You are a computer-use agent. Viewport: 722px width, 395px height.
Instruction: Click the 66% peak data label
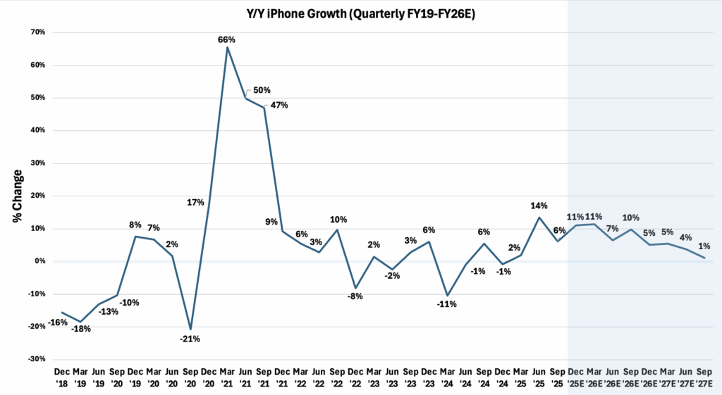tap(226, 40)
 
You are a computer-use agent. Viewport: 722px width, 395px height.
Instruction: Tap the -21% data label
tap(190, 339)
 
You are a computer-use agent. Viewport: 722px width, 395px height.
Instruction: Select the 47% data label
tap(279, 105)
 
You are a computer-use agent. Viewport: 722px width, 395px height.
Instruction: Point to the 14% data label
tap(539, 206)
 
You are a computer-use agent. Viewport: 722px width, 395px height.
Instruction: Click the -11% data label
tap(446, 304)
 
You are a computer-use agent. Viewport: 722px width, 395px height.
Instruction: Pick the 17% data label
tap(195, 202)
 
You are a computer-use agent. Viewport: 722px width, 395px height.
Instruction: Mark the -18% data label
tap(81, 329)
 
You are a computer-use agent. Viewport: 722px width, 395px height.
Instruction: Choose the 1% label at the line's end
tap(704, 246)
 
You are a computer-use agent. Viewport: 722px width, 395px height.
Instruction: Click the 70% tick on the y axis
tap(37, 32)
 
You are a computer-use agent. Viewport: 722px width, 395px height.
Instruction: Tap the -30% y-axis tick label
tap(36, 359)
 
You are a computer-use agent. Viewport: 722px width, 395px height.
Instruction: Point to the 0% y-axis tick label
tap(40, 261)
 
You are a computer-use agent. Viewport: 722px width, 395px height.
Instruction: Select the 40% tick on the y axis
tap(37, 130)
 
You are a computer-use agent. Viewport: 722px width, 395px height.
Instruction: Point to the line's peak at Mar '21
tap(227, 47)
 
